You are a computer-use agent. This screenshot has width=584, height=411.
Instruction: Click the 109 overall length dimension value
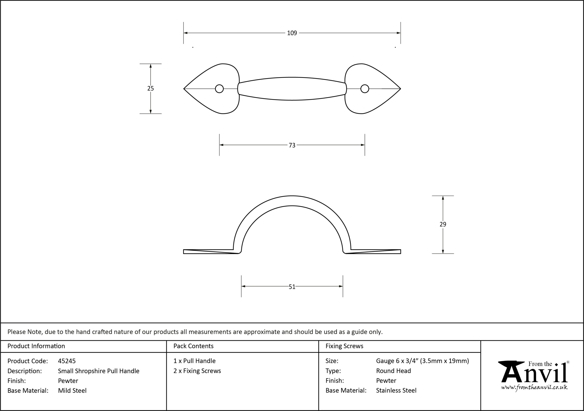tap(292, 33)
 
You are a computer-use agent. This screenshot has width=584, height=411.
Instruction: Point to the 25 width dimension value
tap(151, 88)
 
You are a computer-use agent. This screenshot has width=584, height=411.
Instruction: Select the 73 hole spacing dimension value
tap(292, 145)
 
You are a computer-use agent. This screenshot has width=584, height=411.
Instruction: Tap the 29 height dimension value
tap(443, 224)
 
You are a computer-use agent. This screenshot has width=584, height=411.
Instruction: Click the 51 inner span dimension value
tap(292, 287)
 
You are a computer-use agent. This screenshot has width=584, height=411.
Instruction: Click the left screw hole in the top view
tap(219, 89)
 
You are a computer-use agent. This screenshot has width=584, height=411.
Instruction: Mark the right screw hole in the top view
tap(365, 89)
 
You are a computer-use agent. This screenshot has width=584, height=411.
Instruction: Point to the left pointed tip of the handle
tap(184, 89)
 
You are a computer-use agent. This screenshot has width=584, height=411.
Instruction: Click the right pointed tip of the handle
tap(401, 89)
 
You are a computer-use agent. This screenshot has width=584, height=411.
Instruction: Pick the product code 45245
tap(67, 361)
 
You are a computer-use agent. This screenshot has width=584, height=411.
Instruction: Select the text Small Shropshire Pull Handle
tap(99, 371)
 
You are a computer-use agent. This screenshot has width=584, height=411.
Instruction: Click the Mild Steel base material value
tap(72, 391)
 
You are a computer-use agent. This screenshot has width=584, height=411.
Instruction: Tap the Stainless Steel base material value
tap(396, 390)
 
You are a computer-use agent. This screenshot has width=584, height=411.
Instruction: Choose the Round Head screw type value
tap(394, 371)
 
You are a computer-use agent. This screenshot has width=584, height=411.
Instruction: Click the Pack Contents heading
tap(193, 346)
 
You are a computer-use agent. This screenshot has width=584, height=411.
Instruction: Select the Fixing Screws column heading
tap(344, 346)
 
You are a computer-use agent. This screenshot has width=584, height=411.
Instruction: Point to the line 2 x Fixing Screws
tap(197, 371)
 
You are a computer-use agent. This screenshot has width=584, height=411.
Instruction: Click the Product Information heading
tap(36, 346)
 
